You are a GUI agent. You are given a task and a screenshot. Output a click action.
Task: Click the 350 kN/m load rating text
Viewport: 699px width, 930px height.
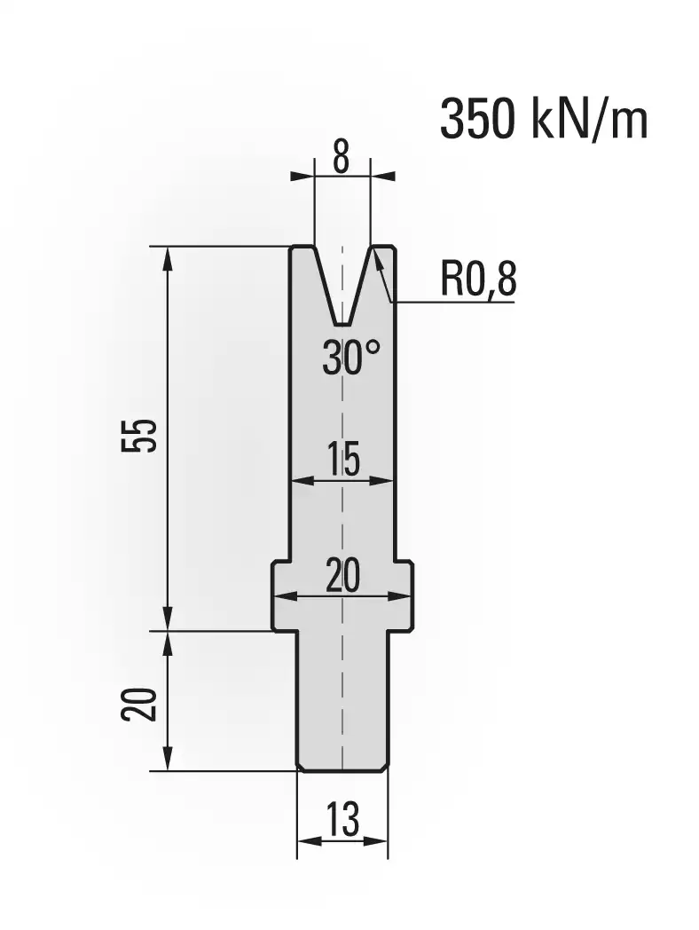click(544, 121)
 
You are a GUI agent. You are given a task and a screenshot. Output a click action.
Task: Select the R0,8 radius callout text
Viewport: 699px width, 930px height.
click(478, 280)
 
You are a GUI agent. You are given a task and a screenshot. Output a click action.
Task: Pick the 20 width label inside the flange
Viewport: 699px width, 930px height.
click(342, 575)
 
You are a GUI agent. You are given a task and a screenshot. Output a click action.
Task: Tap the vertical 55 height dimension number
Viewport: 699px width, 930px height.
click(140, 436)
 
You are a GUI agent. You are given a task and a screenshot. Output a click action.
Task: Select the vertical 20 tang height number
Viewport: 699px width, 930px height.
click(140, 705)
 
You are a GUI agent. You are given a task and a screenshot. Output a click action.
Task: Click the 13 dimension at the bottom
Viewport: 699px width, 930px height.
click(342, 820)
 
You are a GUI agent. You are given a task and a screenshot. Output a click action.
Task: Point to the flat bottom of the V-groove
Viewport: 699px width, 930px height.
click(342, 325)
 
